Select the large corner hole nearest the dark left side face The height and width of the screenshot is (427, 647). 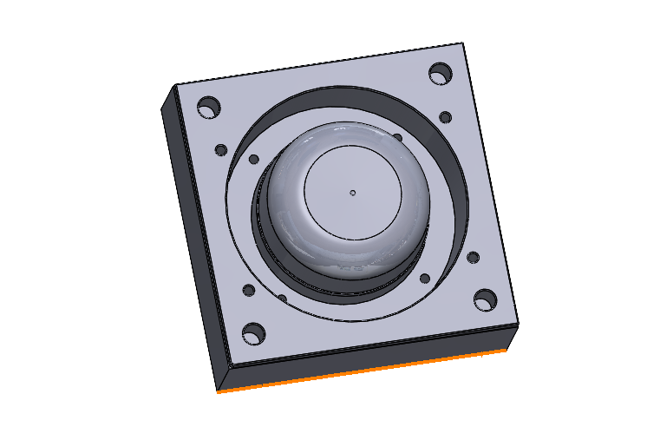[207, 108]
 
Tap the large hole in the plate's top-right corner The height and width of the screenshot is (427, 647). [441, 72]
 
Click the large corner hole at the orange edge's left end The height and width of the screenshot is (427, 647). [253, 332]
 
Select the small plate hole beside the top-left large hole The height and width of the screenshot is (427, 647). [220, 150]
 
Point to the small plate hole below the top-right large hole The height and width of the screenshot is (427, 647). [445, 117]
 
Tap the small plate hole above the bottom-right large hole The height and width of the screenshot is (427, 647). [473, 258]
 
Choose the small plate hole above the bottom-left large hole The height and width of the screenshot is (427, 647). [248, 290]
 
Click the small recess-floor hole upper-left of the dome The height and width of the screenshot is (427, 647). [253, 160]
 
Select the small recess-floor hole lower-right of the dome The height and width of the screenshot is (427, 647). [424, 279]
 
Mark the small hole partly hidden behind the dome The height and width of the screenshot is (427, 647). [397, 136]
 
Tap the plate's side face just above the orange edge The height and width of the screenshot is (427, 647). [364, 359]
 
